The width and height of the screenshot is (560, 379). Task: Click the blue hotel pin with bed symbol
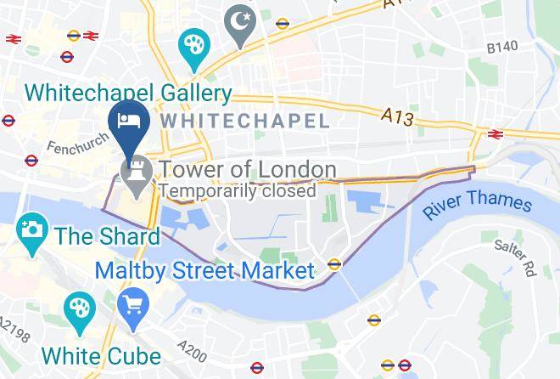(x=130, y=119)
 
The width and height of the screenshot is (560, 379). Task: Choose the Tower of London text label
(x=248, y=169)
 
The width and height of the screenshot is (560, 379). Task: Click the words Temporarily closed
(x=237, y=190)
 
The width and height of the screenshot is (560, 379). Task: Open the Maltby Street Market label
(x=204, y=271)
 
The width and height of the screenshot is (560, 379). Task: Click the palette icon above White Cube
(x=80, y=308)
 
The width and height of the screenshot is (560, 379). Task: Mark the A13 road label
(x=397, y=116)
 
